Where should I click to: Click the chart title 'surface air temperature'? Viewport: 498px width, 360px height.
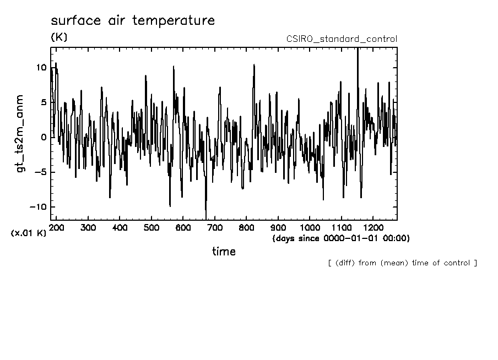(133, 21)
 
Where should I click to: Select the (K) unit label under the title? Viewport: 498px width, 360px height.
(59, 37)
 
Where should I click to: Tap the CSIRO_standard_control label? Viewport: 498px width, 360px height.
(342, 39)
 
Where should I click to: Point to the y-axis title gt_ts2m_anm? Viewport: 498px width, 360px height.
(20, 133)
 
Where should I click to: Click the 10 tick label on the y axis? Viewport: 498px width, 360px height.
(41, 68)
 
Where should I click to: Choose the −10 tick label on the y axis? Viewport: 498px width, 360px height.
(38, 207)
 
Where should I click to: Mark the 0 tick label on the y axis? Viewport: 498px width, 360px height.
(44, 138)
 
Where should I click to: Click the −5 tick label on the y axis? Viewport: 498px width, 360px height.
(40, 172)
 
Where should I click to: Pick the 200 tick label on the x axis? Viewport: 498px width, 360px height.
(57, 228)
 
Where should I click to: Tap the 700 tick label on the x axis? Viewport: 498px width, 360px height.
(215, 228)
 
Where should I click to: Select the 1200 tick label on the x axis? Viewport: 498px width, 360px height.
(373, 228)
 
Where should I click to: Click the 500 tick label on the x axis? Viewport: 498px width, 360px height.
(151, 228)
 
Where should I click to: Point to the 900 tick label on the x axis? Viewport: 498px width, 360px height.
(278, 228)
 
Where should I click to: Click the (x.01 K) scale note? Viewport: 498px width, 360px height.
(29, 233)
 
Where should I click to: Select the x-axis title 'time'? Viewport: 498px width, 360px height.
(224, 252)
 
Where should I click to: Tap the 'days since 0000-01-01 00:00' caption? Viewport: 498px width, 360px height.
(341, 238)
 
